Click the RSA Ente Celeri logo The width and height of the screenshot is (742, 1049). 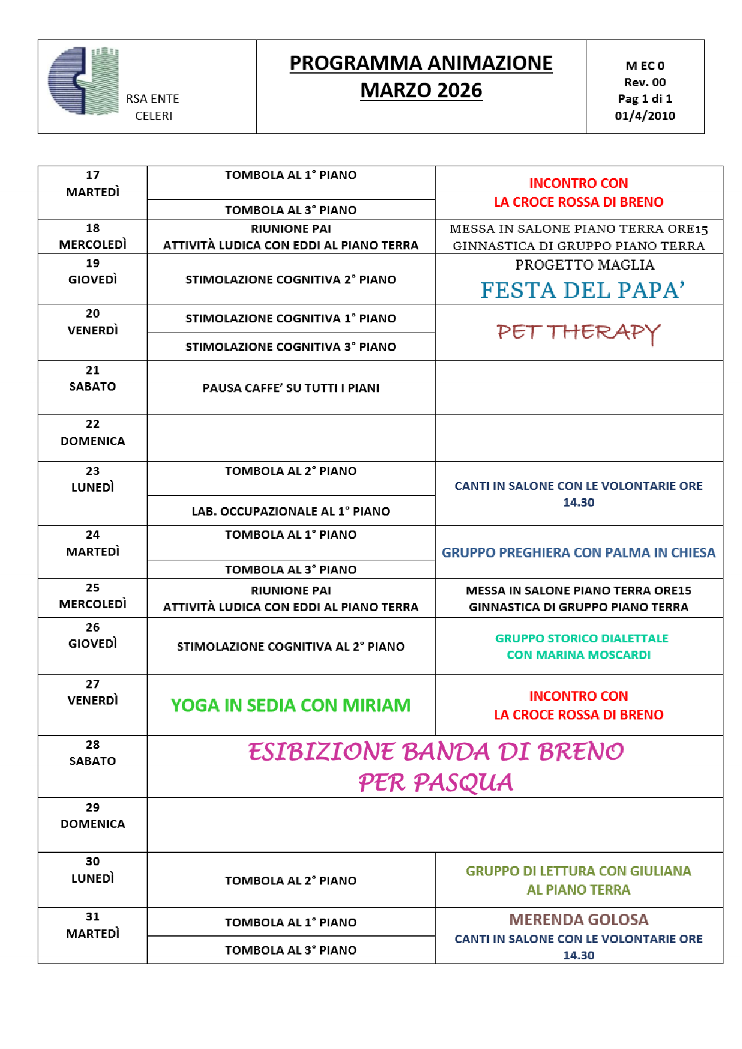coord(83,81)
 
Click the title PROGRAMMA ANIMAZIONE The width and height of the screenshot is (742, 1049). coord(421,63)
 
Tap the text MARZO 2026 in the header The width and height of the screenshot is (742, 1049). coord(421,90)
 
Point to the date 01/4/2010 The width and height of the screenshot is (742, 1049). coord(644,116)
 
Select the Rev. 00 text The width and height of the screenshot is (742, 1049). coord(644,83)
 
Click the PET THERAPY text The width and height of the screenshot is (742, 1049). coord(578,333)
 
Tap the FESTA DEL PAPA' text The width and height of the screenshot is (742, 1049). coord(582,290)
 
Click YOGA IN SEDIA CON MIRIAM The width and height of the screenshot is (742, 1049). coord(291,706)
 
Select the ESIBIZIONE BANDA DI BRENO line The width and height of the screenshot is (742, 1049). coord(436,752)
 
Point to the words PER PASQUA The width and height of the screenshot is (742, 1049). coord(436,782)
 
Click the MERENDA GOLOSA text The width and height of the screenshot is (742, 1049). coord(578,920)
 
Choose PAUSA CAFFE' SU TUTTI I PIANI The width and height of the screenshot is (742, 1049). coord(291,388)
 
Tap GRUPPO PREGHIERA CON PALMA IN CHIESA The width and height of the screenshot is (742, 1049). coord(578,553)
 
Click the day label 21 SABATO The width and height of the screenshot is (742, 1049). coord(93,379)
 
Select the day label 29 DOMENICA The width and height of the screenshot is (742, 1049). coord(93,816)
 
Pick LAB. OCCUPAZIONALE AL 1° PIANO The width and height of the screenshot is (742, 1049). coord(291,511)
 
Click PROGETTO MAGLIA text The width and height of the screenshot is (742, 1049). coord(584,265)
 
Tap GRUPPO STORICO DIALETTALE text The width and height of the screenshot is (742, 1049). coord(582,639)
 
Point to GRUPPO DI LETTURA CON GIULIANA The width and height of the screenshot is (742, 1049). coord(578,871)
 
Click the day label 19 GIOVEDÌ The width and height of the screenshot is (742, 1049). coord(93,272)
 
